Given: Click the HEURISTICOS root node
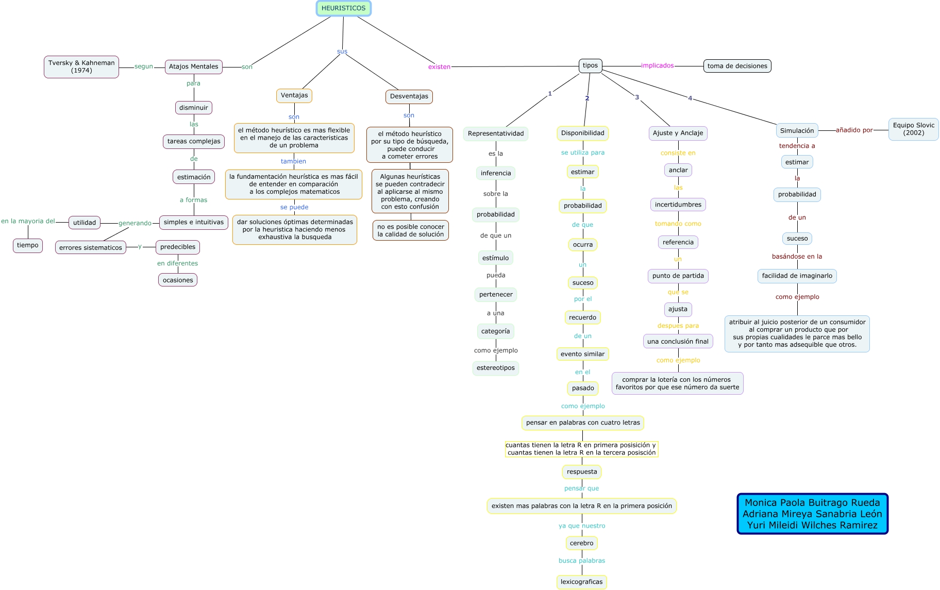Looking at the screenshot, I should point(343,8).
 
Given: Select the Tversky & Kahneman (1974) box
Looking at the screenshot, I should point(81,66).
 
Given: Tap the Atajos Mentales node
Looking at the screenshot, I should point(193,66).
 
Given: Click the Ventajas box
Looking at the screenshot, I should point(294,95).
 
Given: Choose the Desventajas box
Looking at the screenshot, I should point(409,96).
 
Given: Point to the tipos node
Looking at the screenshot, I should point(590,65).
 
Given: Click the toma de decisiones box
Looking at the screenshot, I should point(737,66).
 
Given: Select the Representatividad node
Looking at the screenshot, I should point(495,133).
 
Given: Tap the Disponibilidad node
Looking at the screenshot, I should point(582,133).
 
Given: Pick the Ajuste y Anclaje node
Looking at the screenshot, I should point(678,133).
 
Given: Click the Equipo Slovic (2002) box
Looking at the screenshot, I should point(913,129).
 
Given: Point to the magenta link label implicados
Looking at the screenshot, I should point(657,65).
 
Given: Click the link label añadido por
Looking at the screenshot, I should point(854,130).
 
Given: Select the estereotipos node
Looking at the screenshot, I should point(495,368).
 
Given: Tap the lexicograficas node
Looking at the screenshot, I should point(581,582).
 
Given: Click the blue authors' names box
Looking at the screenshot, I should point(812,514).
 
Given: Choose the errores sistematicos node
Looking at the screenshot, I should point(91,248).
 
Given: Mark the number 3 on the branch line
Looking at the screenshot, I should point(637,97).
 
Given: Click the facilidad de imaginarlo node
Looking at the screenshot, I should point(797,276).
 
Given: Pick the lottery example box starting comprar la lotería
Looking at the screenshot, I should point(677,383).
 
